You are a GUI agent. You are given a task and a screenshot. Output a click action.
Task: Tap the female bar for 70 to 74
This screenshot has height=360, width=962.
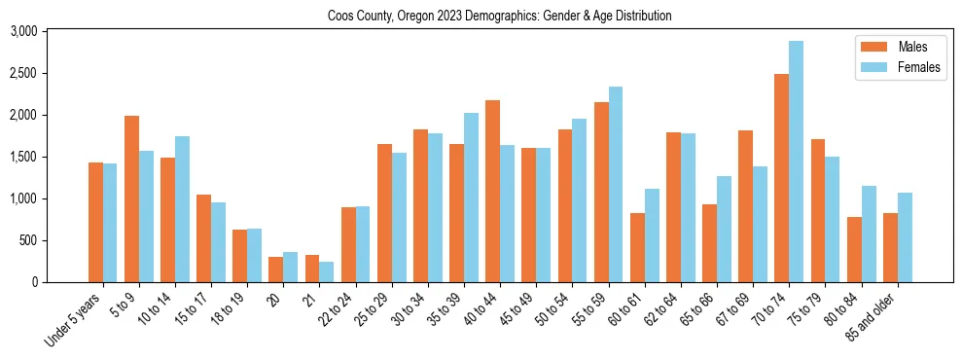pos(796,162)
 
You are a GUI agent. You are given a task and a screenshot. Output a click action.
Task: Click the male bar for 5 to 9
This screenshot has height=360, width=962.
pos(131,198)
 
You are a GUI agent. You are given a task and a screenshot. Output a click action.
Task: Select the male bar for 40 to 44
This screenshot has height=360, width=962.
pos(493,191)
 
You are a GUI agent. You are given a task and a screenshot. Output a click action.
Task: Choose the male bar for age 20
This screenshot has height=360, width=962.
pos(275,270)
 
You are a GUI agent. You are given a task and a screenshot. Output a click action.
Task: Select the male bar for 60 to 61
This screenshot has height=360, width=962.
pos(637,247)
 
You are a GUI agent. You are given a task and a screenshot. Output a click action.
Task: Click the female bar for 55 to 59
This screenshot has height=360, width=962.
pos(616,185)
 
